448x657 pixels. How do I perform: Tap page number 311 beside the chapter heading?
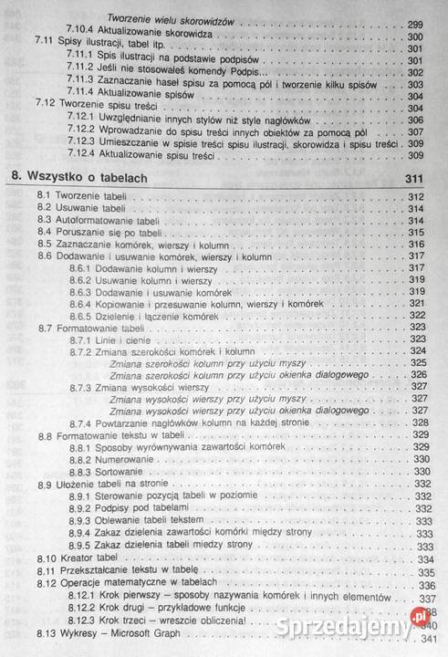(415, 176)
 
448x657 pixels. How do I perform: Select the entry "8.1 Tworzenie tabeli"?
(78, 196)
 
